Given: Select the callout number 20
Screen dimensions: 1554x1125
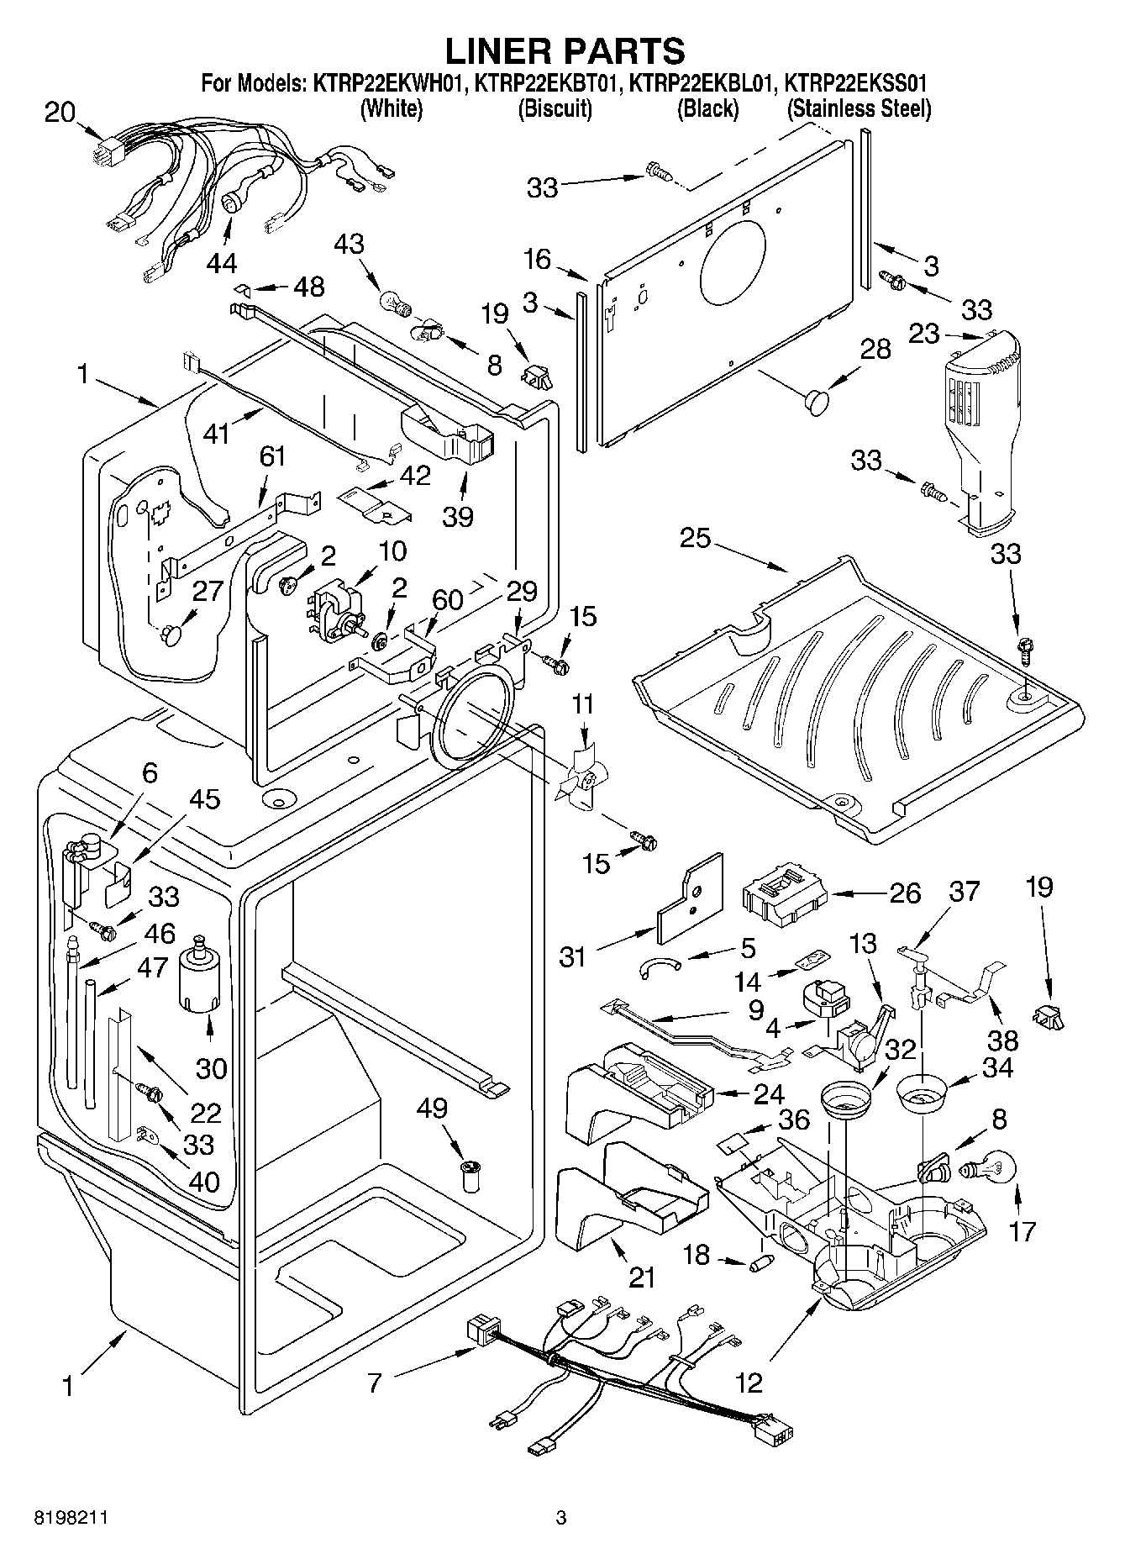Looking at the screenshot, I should [x=60, y=112].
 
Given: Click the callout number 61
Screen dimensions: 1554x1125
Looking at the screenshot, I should [x=272, y=457].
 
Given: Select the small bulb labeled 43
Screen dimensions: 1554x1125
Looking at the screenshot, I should [x=393, y=301].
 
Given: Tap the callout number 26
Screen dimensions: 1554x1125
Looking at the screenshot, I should [x=905, y=893].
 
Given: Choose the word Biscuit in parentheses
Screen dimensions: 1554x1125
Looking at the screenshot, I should [x=555, y=109].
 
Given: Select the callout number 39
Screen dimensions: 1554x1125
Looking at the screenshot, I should [x=458, y=515].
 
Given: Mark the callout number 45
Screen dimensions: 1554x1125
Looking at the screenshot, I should [x=204, y=798].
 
